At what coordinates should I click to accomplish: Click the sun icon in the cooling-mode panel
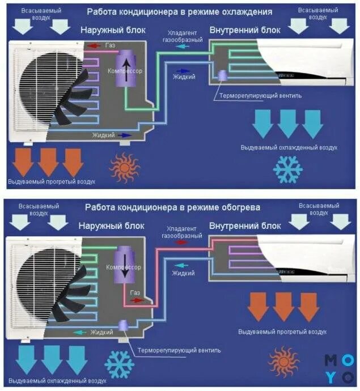(124, 167)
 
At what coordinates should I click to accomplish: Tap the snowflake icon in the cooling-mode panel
(288, 168)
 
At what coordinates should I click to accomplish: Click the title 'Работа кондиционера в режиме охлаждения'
(179, 11)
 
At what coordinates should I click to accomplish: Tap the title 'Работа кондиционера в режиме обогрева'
(173, 207)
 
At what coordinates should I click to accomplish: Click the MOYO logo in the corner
(339, 368)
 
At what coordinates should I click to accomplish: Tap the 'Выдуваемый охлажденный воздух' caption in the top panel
(288, 147)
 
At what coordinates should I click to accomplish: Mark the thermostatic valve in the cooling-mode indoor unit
(222, 75)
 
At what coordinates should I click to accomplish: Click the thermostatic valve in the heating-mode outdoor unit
(124, 325)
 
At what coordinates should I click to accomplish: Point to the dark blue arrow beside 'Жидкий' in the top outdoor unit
(125, 135)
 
